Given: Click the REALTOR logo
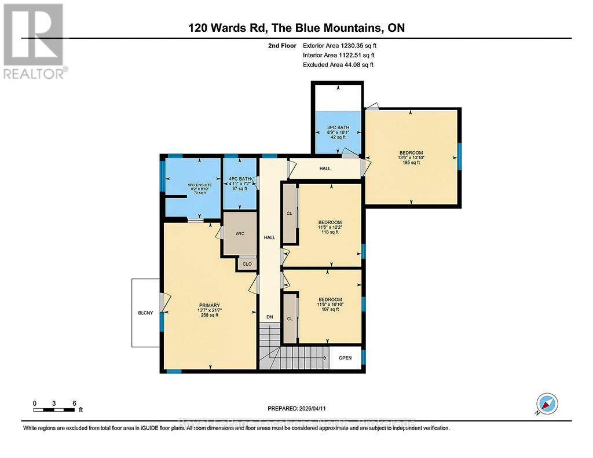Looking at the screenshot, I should click(x=33, y=41).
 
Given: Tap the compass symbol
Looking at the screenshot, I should click(x=547, y=404).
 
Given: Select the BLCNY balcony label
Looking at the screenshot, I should click(x=146, y=313).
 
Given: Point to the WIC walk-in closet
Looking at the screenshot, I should click(x=240, y=234).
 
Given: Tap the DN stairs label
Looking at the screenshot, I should click(x=269, y=317).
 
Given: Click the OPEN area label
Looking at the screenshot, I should click(x=345, y=358).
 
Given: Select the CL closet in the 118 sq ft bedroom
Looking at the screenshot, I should click(x=290, y=213).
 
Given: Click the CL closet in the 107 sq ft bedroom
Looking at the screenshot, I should click(x=290, y=318).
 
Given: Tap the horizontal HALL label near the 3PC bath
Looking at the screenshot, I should click(x=325, y=168).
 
